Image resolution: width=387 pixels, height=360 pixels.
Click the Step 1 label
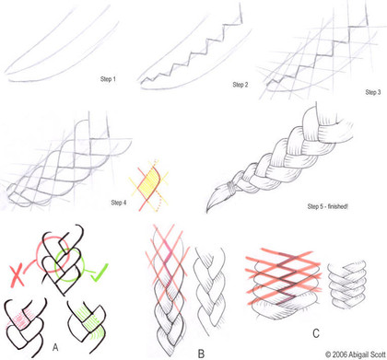[x=108, y=79]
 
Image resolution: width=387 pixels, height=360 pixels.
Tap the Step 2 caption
[x=240, y=85]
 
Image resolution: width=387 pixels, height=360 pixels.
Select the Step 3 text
[x=373, y=92]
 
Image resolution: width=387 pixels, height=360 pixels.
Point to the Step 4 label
[x=119, y=203]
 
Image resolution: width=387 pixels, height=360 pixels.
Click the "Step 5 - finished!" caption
[x=327, y=206]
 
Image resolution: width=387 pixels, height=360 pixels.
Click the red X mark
[x=17, y=276]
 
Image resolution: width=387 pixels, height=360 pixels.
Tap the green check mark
[x=100, y=273]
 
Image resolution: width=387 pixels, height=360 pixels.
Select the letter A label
[x=55, y=347]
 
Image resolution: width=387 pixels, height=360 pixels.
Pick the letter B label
[x=201, y=354]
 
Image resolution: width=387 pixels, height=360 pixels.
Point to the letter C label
[x=316, y=333]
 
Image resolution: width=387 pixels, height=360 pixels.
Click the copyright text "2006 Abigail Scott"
[x=358, y=354]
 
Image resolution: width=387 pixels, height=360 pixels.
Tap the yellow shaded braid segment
[x=149, y=185]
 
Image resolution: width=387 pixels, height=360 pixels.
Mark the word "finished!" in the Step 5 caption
[x=338, y=206]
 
